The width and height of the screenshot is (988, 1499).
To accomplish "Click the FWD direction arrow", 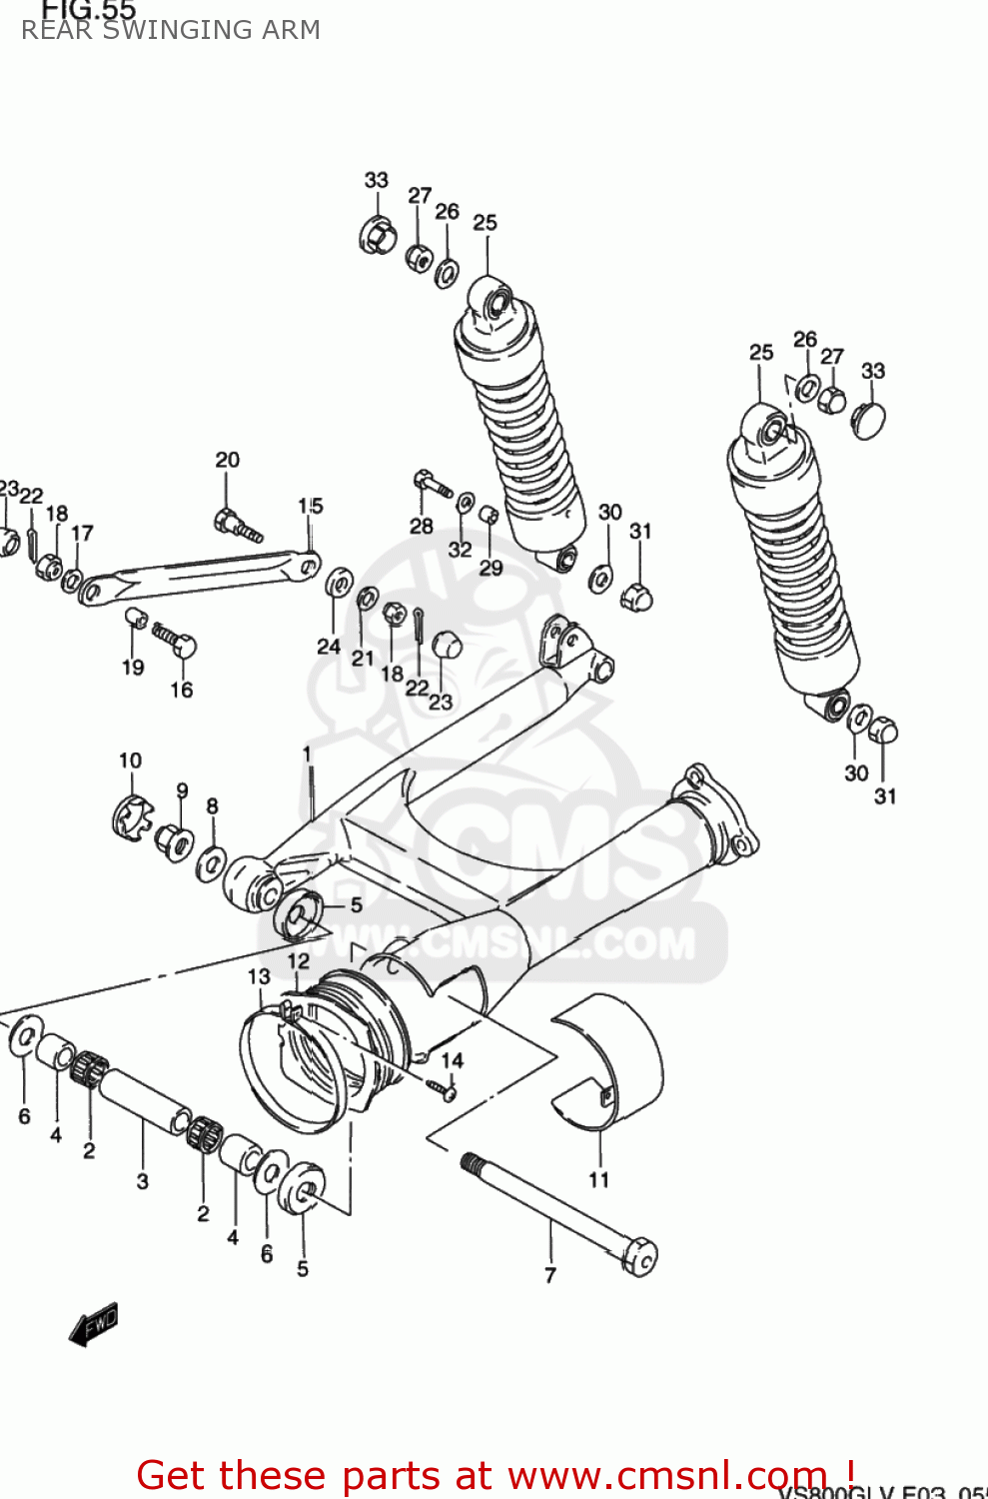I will [x=94, y=1325].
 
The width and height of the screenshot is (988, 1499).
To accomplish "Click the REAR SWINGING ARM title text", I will [x=171, y=30].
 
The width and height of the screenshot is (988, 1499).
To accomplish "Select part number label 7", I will [x=549, y=1275].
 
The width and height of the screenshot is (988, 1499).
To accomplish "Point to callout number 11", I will [x=598, y=1180].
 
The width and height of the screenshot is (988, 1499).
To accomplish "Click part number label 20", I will [x=228, y=460].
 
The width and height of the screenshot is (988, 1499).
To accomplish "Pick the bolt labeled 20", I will [x=236, y=525].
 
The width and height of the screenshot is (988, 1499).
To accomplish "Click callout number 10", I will [x=130, y=760].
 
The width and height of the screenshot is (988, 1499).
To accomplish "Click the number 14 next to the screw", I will [x=453, y=1060].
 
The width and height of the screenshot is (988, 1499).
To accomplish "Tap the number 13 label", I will [x=259, y=976].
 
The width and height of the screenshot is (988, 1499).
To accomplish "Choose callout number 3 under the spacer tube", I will [x=142, y=1181].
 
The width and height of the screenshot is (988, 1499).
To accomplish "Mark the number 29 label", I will [x=491, y=568].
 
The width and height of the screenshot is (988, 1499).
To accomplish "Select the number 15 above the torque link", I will [x=311, y=506].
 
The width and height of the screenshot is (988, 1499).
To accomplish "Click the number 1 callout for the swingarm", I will [x=307, y=753].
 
